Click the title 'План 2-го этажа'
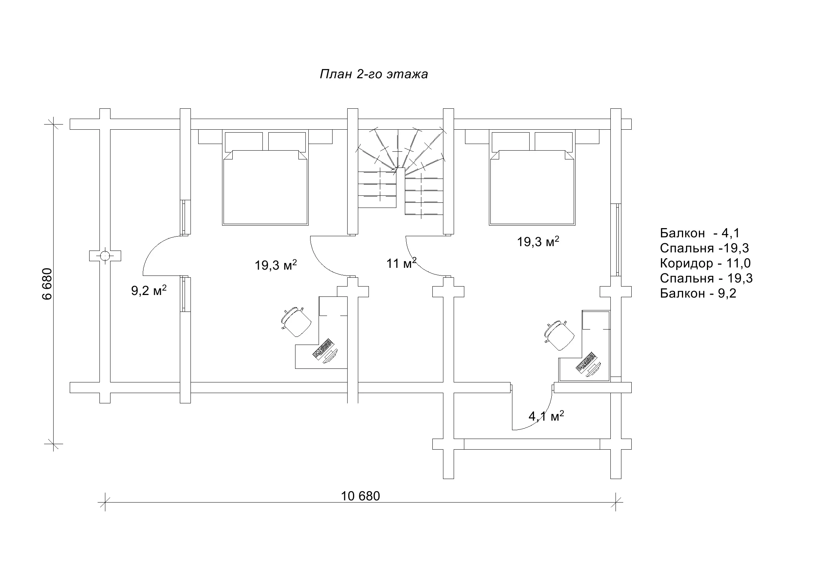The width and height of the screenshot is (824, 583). (x=374, y=75)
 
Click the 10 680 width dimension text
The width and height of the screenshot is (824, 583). (x=360, y=496)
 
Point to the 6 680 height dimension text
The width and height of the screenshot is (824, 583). (x=48, y=284)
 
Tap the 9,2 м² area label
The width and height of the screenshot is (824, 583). (x=149, y=290)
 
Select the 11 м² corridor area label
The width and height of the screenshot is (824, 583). (x=401, y=263)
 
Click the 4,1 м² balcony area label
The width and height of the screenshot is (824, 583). (x=546, y=416)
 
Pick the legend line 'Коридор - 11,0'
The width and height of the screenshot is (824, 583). (x=705, y=263)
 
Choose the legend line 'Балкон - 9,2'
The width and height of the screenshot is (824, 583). (x=698, y=293)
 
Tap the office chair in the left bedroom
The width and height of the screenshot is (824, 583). (x=296, y=322)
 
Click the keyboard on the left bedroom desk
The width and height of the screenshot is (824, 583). (x=323, y=348)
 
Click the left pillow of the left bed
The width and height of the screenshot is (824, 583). (x=244, y=142)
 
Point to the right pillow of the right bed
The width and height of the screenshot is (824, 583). (x=553, y=142)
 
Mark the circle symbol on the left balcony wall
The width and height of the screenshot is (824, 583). (x=105, y=255)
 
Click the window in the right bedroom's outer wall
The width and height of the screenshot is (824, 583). (x=616, y=240)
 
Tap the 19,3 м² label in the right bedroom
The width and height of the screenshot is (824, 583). (x=538, y=241)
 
